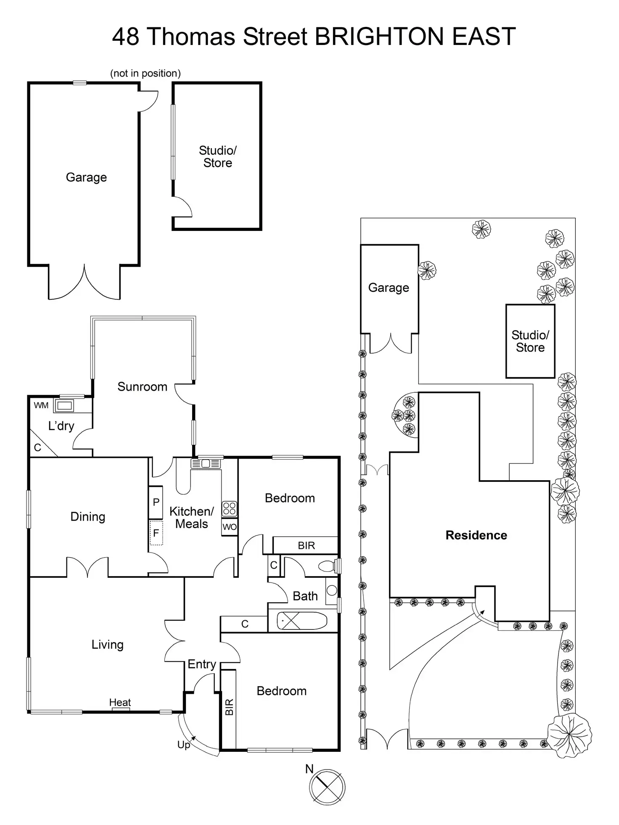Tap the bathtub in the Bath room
coord(302,621)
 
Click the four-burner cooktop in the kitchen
coord(229,509)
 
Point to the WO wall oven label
coord(230,527)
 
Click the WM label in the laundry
coord(41,405)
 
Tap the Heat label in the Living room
coord(120,702)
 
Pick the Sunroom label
coord(142,386)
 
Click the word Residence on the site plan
coord(476,535)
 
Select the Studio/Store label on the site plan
coord(530,341)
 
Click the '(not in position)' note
coord(145,73)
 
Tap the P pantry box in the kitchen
coord(156,502)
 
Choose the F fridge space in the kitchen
coord(156,533)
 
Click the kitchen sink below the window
coord(206,464)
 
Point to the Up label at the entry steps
coord(183,745)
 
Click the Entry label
coord(201,664)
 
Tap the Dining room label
coord(87,516)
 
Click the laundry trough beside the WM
coord(64,406)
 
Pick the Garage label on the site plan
coord(388,288)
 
